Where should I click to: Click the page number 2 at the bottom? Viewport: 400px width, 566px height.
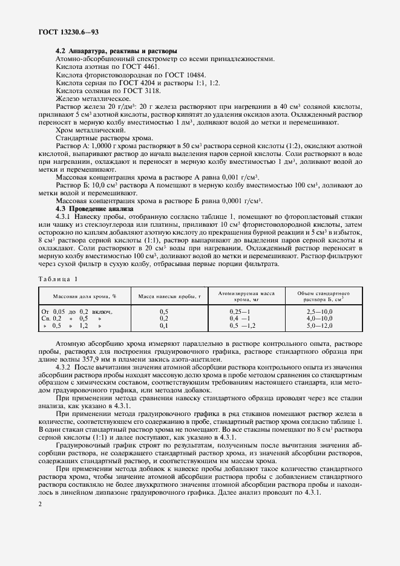point(39,505)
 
